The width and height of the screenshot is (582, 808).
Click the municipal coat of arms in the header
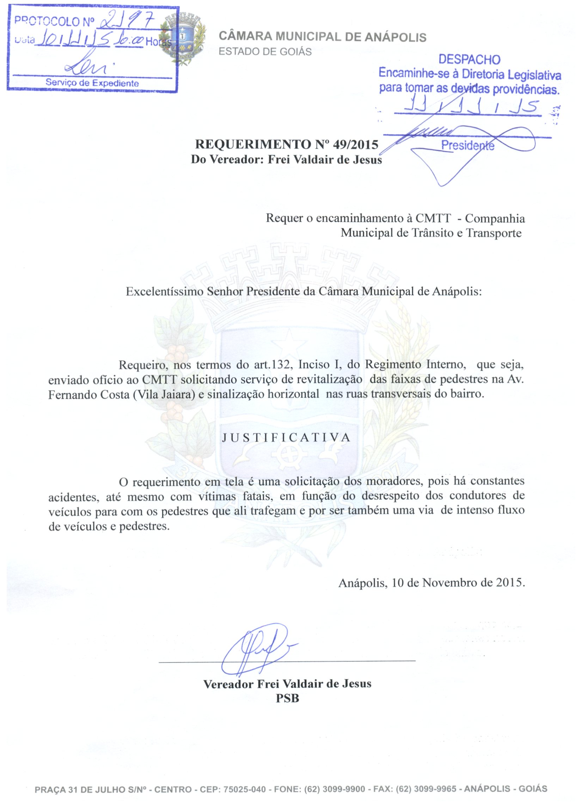point(183,39)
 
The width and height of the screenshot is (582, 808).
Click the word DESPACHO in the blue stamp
point(469,60)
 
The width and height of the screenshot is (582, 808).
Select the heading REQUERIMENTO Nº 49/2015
point(286,144)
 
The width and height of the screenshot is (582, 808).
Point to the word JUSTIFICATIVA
point(286,437)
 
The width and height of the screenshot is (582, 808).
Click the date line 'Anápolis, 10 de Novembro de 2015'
point(431,583)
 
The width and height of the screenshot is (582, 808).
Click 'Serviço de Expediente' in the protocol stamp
point(92,83)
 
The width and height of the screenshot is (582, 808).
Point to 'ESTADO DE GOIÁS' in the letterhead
point(265,52)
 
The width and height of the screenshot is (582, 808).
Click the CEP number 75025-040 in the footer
point(244,789)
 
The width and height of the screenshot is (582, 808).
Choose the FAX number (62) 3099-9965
point(425,789)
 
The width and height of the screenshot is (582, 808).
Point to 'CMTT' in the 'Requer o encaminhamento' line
point(433,218)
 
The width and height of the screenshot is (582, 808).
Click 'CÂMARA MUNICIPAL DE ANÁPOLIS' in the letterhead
point(322,37)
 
